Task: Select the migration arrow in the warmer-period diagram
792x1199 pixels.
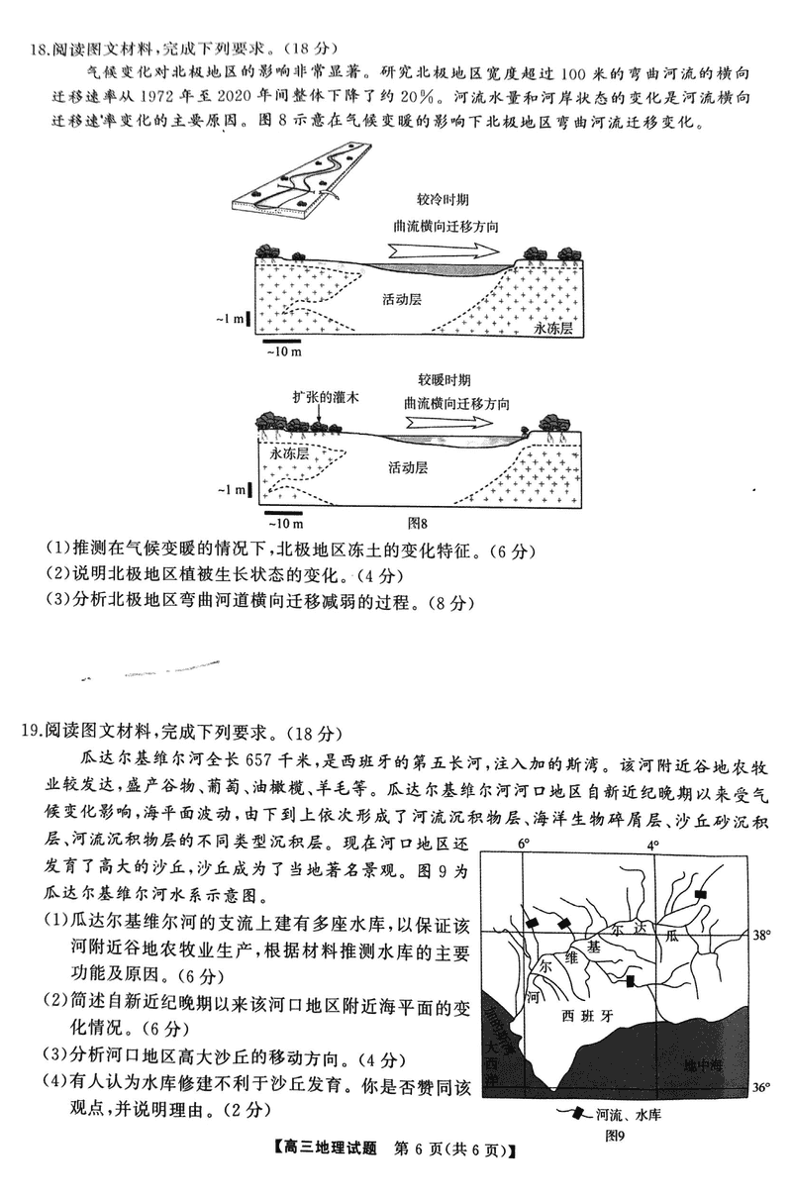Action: tap(455, 422)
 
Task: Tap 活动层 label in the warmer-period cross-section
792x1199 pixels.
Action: tap(409, 467)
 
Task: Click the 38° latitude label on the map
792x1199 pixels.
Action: tap(761, 935)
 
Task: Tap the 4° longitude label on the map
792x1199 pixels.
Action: tap(652, 844)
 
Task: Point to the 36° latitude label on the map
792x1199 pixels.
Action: tap(761, 1087)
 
